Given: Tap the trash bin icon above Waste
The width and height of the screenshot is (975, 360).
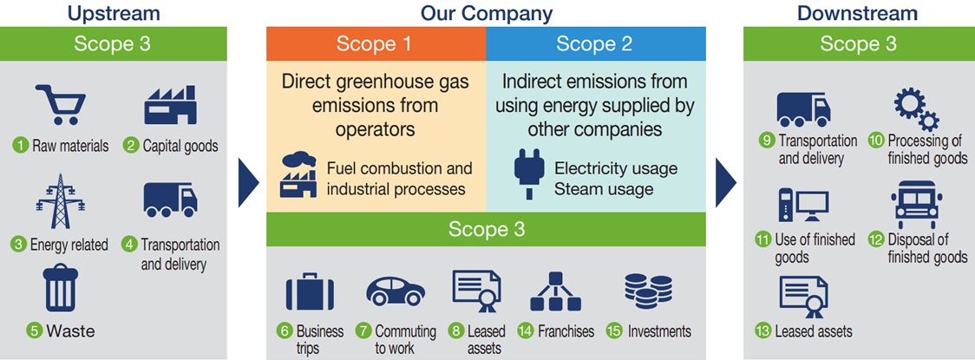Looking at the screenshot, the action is click(x=61, y=288).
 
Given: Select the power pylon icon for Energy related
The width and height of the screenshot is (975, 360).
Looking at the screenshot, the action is click(x=61, y=201).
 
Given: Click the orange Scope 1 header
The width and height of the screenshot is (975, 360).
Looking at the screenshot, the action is click(x=376, y=43).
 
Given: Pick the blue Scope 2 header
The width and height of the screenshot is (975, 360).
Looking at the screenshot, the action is click(x=596, y=43).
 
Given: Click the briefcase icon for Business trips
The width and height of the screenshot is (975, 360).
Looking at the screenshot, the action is click(x=310, y=292).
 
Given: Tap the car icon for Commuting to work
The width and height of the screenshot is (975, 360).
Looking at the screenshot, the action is click(x=396, y=291).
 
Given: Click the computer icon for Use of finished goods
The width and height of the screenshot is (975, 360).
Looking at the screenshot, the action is click(x=803, y=206).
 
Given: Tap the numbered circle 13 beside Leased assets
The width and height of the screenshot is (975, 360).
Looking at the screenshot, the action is click(x=764, y=331).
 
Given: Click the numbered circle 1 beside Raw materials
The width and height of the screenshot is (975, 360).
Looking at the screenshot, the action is click(x=21, y=146).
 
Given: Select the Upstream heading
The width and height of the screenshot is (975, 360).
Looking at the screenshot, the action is click(x=113, y=13).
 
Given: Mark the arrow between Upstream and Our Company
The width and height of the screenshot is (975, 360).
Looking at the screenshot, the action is click(x=249, y=182).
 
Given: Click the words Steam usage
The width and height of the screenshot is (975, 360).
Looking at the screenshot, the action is click(x=604, y=188).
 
